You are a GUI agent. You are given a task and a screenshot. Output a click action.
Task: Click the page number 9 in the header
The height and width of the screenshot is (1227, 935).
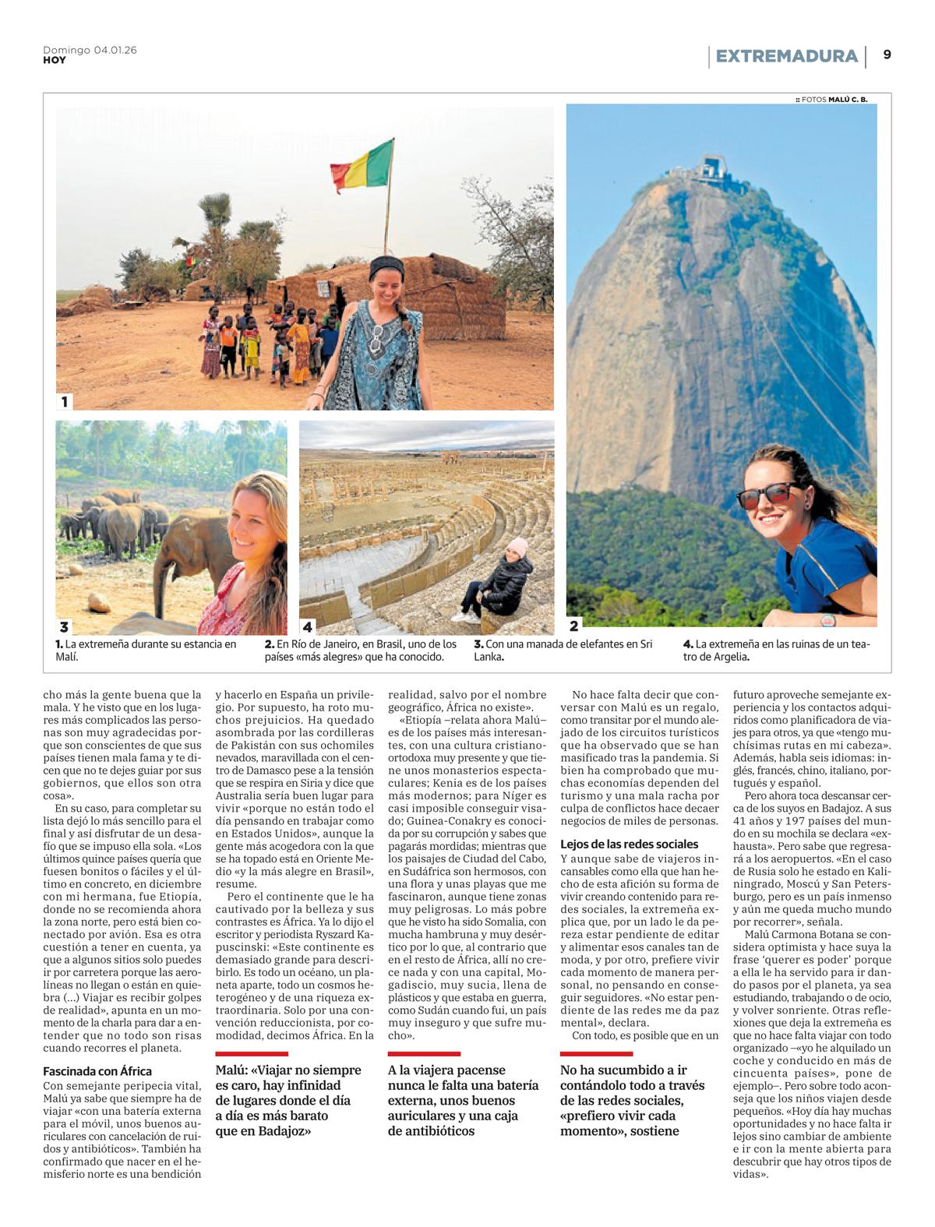click(x=887, y=55)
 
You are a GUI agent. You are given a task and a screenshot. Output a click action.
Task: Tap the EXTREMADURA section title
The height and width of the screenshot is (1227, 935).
click(x=786, y=56)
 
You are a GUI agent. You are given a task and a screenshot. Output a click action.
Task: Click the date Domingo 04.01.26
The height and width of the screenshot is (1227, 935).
click(x=90, y=50)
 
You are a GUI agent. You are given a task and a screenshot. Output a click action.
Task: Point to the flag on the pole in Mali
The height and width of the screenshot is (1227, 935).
click(x=362, y=164)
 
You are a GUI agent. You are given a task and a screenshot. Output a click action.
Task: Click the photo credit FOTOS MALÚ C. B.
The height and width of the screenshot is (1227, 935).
click(x=831, y=99)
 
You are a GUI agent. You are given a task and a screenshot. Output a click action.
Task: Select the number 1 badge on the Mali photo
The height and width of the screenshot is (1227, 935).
click(x=65, y=401)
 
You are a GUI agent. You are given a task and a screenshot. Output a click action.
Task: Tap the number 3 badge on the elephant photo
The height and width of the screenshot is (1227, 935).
click(x=65, y=626)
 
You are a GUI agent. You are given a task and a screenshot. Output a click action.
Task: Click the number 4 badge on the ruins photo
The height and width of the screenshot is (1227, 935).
click(x=309, y=626)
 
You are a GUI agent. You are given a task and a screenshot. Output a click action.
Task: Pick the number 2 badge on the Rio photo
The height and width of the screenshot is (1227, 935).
click(x=575, y=625)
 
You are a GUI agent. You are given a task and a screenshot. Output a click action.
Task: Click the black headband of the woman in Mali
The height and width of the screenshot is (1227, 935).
click(x=385, y=266)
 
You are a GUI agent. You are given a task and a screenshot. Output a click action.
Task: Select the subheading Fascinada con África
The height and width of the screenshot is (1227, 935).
click(x=97, y=1071)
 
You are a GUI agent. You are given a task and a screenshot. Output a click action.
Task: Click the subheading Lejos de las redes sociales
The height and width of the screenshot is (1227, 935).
click(x=630, y=844)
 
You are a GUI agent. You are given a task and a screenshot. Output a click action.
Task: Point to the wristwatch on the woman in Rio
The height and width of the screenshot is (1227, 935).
click(x=827, y=621)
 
